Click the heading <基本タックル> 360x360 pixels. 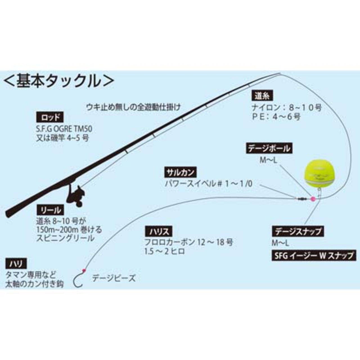tap(58, 81)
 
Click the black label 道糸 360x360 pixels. tap(262, 96)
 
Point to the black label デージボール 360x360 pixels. tap(269, 148)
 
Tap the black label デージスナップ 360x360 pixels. tap(298, 231)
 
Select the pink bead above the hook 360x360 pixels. tap(83, 270)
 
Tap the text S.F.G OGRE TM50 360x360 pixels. tap(64, 129)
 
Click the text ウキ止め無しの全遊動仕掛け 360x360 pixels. tap(133, 107)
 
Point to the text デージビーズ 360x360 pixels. tap(114, 278)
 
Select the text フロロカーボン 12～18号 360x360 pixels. tap(189, 242)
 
